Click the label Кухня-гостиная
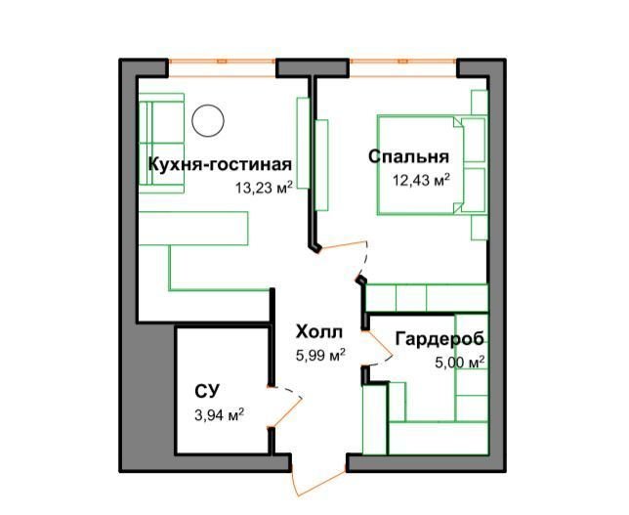tap(220, 164)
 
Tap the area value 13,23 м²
tap(264, 187)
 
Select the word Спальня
tap(408, 156)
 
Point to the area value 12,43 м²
tap(421, 180)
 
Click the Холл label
tap(319, 332)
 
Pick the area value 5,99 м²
tap(320, 356)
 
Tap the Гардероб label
tap(440, 339)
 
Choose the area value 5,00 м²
tap(460, 363)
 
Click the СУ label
tap(207, 391)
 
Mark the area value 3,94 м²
tap(220, 415)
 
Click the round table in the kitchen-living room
tap(207, 120)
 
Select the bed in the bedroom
tap(420, 165)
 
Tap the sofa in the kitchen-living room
tap(161, 144)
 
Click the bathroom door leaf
tap(286, 412)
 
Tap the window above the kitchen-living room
tap(222, 67)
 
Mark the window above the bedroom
tap(402, 67)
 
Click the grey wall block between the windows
tap(313, 67)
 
